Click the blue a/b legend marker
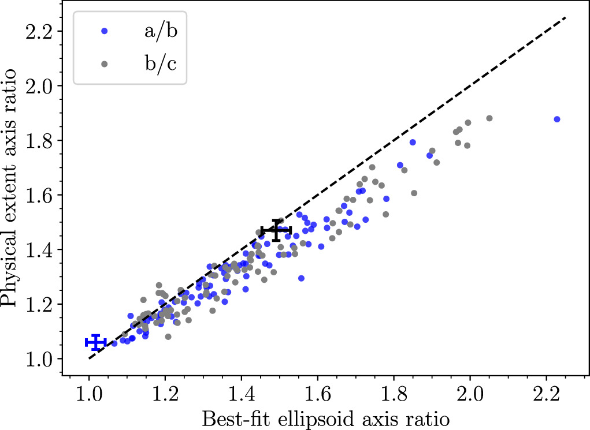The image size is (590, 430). [104, 32]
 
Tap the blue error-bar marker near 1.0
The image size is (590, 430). [96, 343]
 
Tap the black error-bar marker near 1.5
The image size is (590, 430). [276, 230]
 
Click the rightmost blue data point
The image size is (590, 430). [557, 119]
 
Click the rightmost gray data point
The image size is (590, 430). [489, 118]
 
